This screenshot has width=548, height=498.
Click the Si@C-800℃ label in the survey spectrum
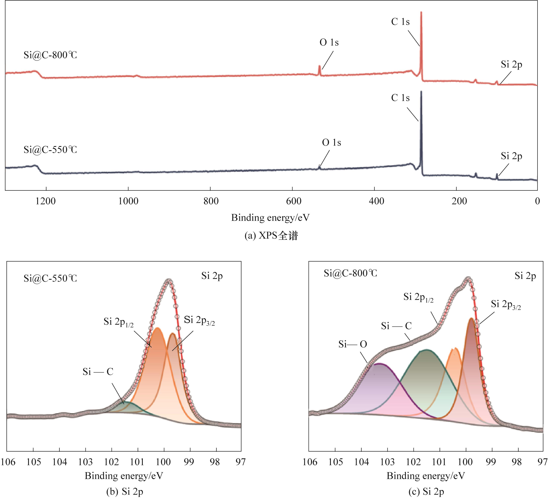click(50, 55)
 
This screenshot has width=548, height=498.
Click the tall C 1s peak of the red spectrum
click(421, 16)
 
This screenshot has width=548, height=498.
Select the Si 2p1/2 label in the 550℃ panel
click(118, 322)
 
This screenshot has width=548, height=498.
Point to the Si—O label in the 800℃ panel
click(352, 344)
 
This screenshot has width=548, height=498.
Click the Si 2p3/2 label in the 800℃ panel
click(506, 305)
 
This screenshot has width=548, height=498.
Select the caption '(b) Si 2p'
click(124, 492)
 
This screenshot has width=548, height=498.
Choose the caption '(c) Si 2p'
click(426, 492)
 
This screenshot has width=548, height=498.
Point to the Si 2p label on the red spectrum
click(511, 65)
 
